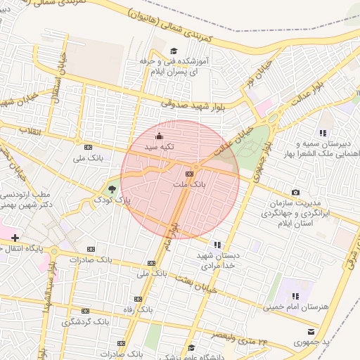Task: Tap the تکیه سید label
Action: click(x=158, y=148)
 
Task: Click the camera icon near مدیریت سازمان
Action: click(x=295, y=192)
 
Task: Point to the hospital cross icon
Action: click(x=15, y=238)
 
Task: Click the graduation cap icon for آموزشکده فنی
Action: click(x=173, y=51)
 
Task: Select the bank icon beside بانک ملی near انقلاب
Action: click(x=88, y=147)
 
